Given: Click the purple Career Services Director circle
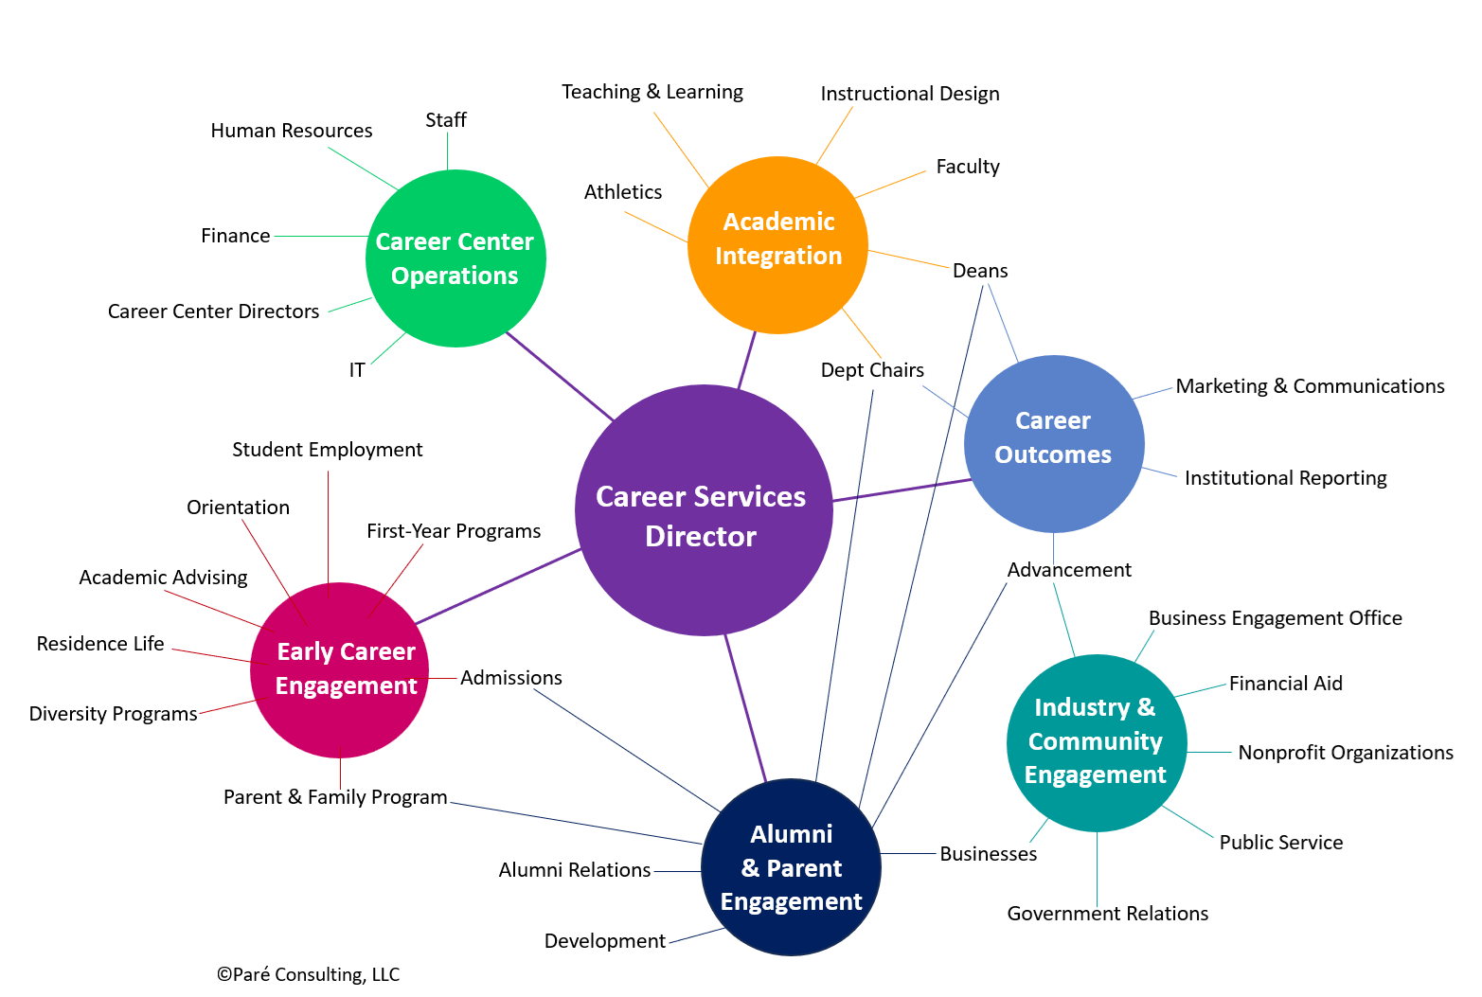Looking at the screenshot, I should point(703,511).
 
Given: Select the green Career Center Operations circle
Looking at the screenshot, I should point(455,258).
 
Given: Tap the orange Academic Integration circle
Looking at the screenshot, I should point(777,245).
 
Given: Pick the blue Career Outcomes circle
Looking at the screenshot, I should point(1054,443).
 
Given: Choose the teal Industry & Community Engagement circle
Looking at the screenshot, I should point(1096,742).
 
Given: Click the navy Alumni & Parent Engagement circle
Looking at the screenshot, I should point(791,866).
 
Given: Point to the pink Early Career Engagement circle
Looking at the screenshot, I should point(340,669).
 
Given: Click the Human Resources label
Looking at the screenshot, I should point(292,131).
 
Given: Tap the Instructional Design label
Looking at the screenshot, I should point(909,94).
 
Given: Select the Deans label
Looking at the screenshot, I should point(980,271).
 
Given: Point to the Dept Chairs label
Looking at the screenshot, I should point(872,370).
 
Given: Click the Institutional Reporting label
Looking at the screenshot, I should point(1285,478).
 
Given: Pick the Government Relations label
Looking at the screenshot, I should point(1107,914).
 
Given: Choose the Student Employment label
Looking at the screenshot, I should point(328,450).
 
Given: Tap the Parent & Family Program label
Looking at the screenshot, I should point(335,797).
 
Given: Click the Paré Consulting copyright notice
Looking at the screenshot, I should point(308,974).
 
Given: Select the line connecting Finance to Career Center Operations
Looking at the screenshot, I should point(320,236).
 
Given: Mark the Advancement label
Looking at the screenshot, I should point(1069,570).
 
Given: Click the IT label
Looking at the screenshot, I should point(357,370).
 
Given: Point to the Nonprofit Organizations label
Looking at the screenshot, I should point(1345,753).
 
